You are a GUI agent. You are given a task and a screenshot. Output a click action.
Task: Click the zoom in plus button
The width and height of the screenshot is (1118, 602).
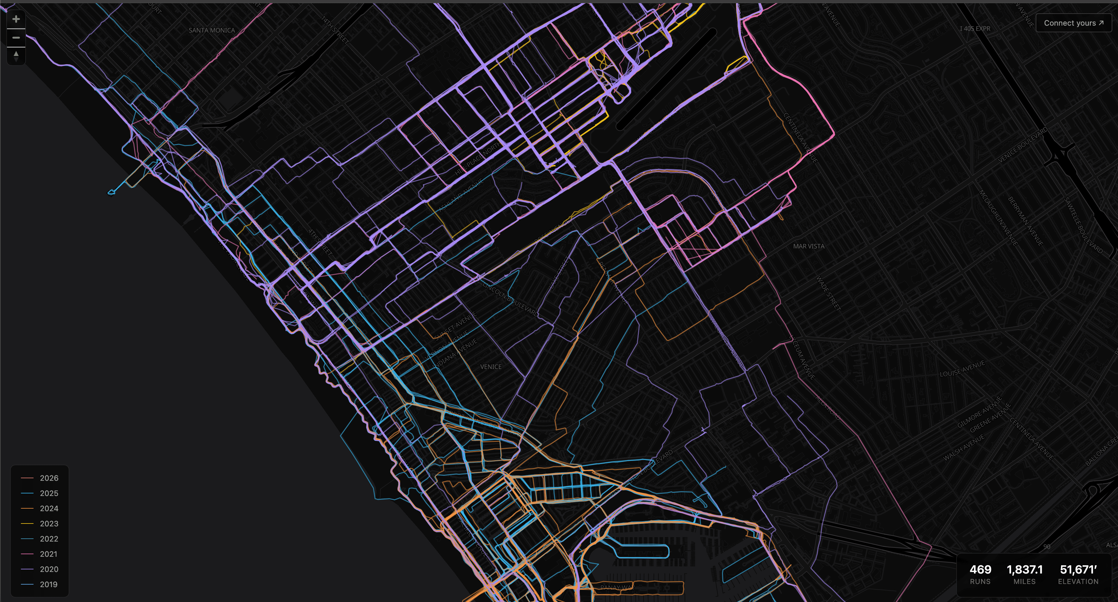pos(16,19)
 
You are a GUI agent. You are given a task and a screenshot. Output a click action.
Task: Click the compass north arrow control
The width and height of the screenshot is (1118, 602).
pos(16,56)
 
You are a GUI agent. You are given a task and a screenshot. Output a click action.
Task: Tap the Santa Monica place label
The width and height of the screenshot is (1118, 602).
pos(212,30)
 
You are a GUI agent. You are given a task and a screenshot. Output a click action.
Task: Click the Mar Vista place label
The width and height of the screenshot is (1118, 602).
pos(808,246)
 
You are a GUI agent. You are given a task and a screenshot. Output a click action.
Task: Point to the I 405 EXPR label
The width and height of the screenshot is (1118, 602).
pos(975,29)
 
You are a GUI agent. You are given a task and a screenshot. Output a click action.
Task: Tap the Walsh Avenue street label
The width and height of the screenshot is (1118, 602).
pos(964,448)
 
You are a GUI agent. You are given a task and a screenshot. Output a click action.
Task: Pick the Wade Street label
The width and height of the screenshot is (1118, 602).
pos(828,293)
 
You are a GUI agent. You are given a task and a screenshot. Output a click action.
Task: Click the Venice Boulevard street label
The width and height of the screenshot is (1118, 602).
pos(1022,145)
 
